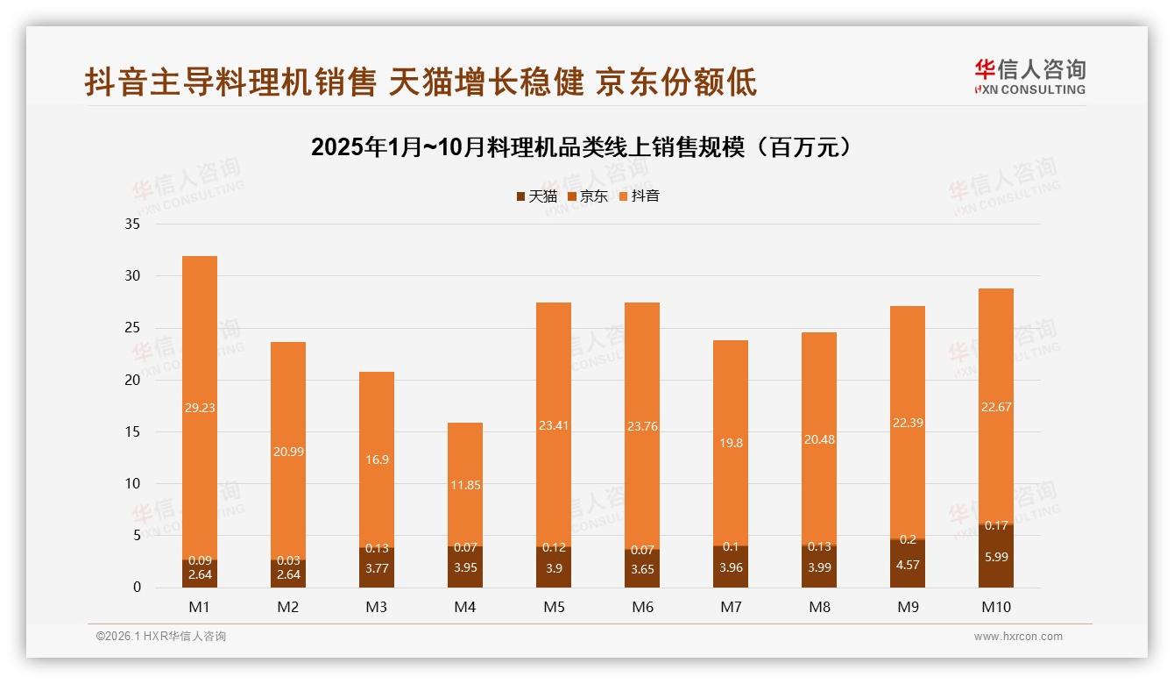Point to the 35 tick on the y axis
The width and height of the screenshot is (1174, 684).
point(132,224)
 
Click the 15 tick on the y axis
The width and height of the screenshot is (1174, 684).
point(132,431)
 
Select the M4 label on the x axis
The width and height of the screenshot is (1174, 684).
point(464,607)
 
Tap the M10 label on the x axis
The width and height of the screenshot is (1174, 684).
point(995,607)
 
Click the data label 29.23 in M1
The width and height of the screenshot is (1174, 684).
point(200,407)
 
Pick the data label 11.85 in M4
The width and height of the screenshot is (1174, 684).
point(464,485)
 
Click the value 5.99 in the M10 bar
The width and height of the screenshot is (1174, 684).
point(995,556)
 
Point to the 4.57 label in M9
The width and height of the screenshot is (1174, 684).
point(907,565)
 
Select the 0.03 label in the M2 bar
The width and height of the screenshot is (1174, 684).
point(288,560)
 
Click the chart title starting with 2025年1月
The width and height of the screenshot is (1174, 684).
point(582,147)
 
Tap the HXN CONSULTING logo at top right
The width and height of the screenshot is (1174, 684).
point(1029,77)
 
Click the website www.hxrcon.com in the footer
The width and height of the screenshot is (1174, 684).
point(1018,637)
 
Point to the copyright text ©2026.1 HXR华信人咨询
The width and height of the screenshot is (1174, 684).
point(160,637)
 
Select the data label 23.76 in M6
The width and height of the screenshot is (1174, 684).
point(641,427)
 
